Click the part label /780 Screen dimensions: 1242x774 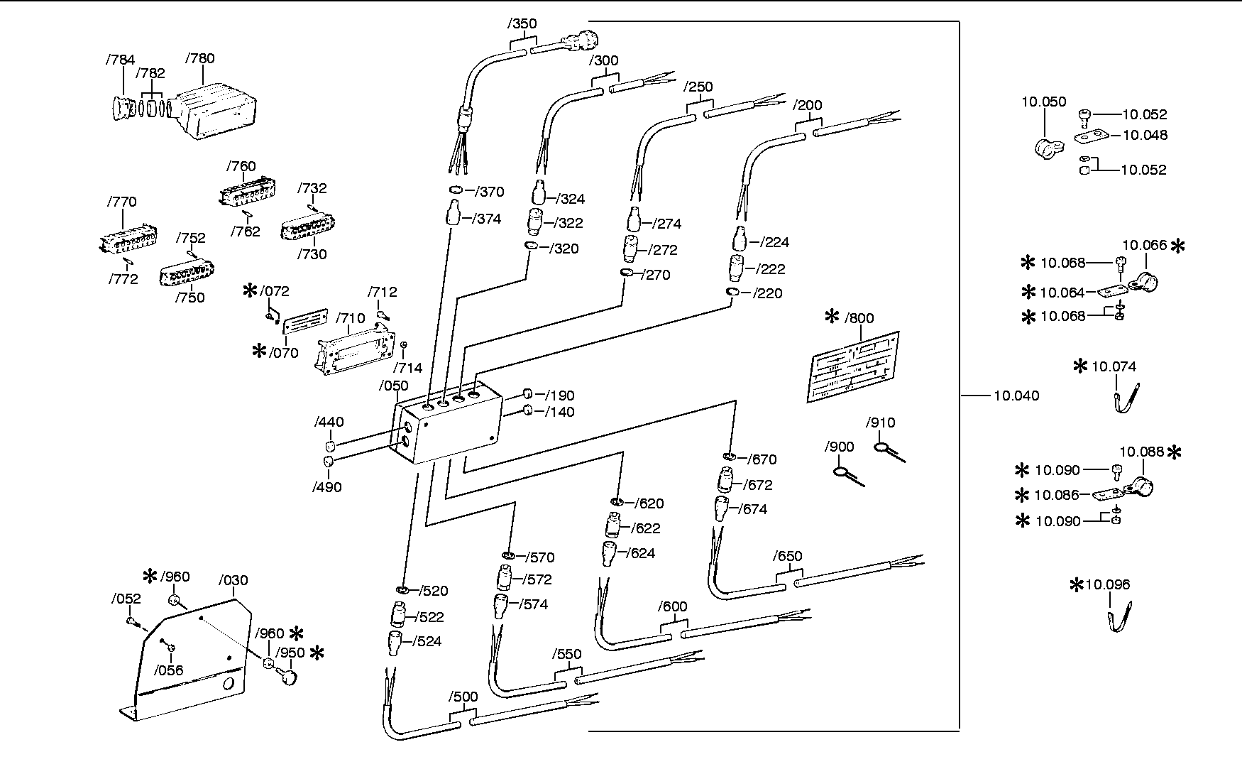pos(199,58)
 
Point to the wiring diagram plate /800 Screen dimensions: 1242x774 pos(854,367)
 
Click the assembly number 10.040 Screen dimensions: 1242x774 pos(1016,396)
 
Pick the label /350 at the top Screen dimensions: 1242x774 pos(522,23)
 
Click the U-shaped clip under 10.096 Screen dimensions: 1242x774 pos(1120,617)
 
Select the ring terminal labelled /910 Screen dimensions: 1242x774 pos(888,452)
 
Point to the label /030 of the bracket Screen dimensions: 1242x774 pos(233,580)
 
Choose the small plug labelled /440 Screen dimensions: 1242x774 pos(330,446)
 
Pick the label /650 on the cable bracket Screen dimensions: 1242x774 pos(788,556)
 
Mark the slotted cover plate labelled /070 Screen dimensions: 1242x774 pos(305,320)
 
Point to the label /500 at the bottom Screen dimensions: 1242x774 pos(464,697)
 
